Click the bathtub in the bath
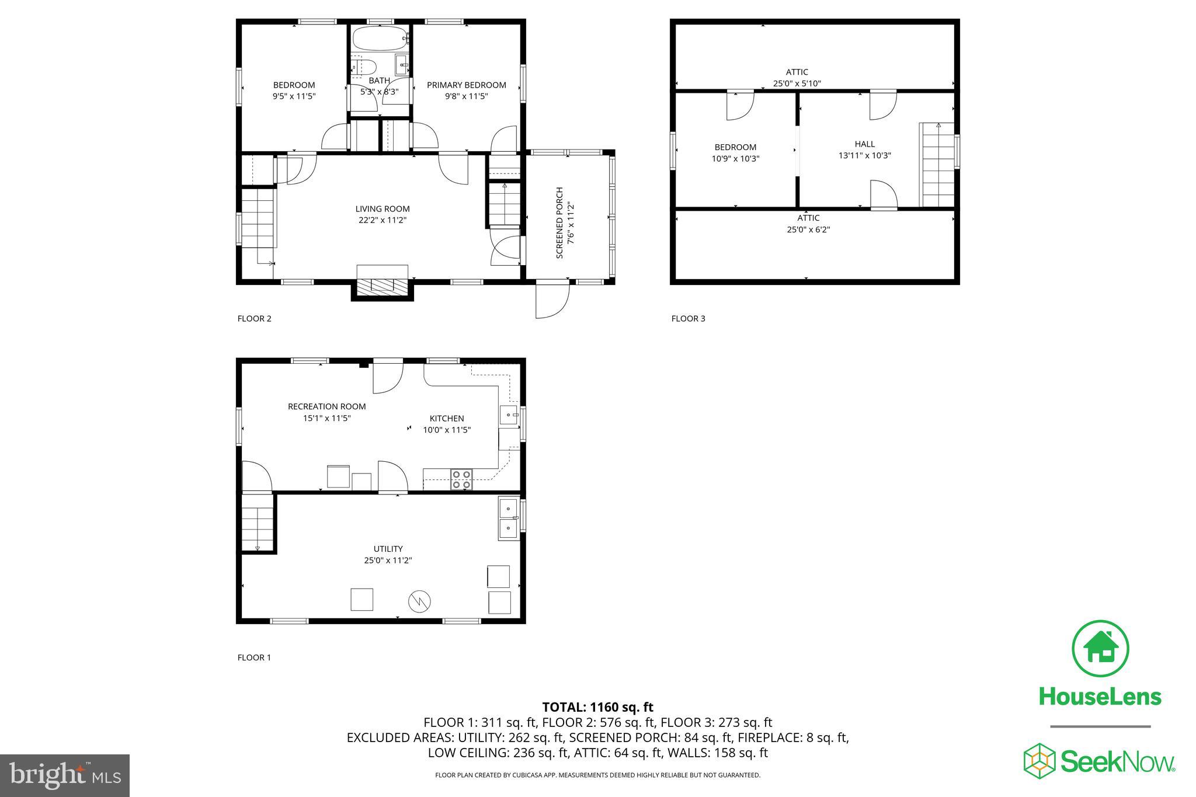380,39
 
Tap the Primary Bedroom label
466,85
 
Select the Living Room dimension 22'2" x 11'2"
383,220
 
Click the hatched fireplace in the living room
383,286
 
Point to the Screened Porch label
559,222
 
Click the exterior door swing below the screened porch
552,300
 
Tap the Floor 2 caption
254,319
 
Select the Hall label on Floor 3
864,144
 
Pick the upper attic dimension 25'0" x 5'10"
797,83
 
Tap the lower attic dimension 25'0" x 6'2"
808,229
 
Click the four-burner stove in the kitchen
461,479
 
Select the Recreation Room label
326,406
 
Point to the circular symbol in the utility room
419,601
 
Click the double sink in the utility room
508,518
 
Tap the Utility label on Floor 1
388,549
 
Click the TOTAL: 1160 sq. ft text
597,708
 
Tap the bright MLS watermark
65,775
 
